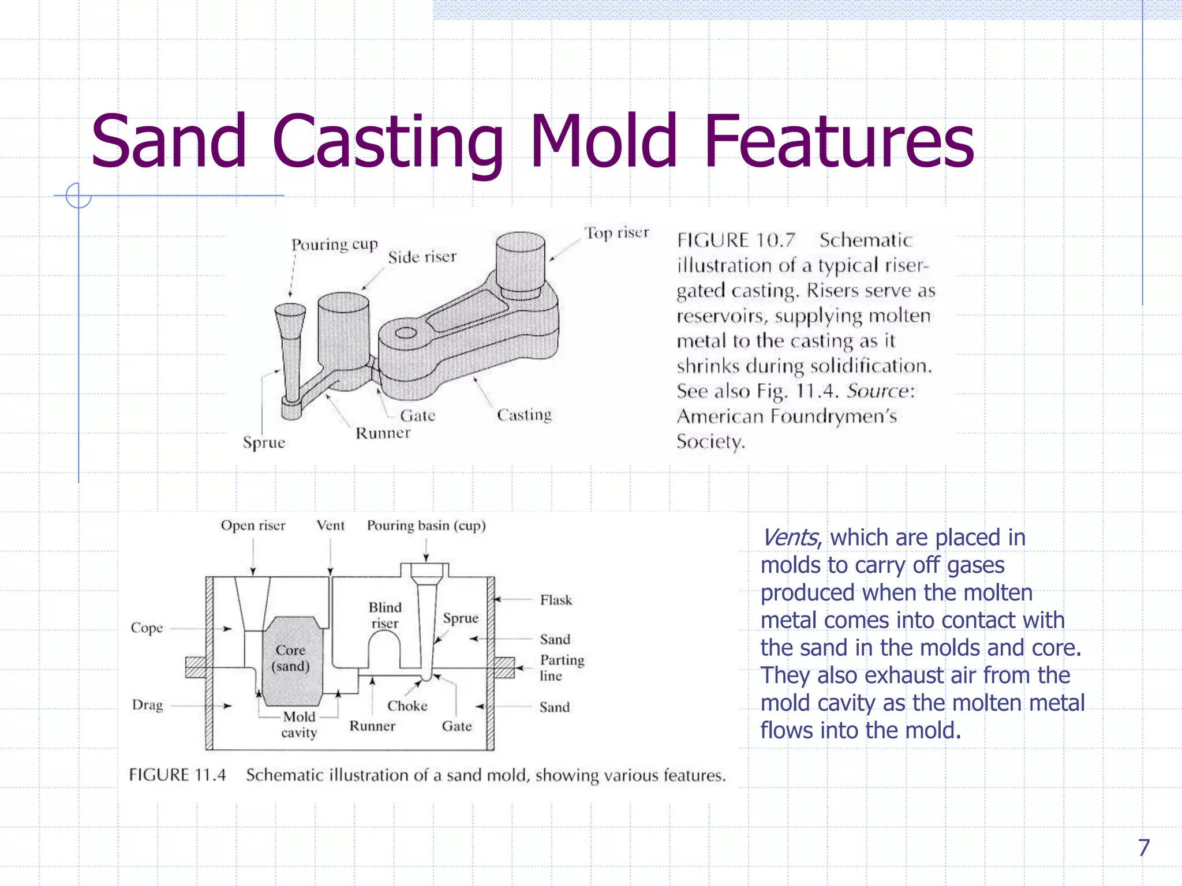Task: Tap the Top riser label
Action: click(x=616, y=233)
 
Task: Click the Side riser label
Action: click(x=422, y=257)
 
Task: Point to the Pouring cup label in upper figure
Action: click(x=334, y=245)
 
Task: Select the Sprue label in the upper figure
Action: click(x=264, y=442)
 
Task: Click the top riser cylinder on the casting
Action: click(x=520, y=262)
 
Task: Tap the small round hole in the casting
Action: click(x=406, y=333)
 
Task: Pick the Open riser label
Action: click(x=253, y=525)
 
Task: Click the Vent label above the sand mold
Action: click(x=330, y=525)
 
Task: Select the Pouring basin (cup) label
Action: click(x=426, y=525)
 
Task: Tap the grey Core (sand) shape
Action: click(x=291, y=660)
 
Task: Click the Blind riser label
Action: click(x=385, y=615)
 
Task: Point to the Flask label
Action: click(x=556, y=600)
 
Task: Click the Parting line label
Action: click(x=561, y=667)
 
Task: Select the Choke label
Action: click(x=407, y=706)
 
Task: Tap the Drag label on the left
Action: click(x=147, y=705)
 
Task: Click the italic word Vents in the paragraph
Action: click(x=788, y=538)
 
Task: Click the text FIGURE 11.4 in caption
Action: click(x=177, y=775)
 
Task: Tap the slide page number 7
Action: click(x=1143, y=847)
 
